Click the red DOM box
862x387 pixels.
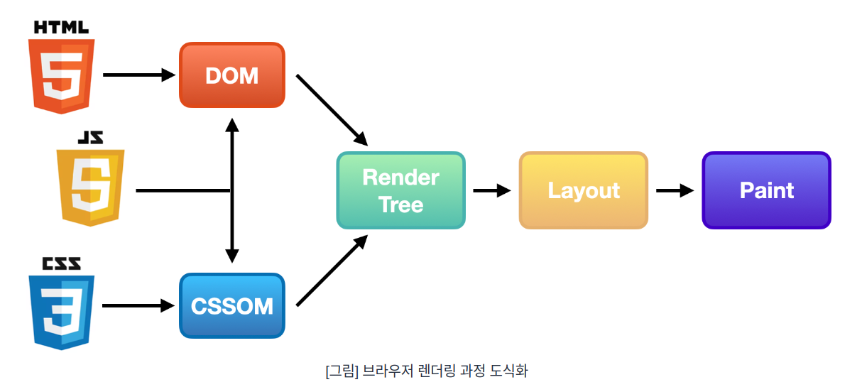232,75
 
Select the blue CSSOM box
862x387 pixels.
232,305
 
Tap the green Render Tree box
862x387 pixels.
400,190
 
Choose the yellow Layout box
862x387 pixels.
584,190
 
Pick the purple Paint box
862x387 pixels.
766,190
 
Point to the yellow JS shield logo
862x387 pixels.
91,187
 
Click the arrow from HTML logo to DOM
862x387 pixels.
138,75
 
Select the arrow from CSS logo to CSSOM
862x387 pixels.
138,306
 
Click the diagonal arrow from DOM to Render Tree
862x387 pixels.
332,109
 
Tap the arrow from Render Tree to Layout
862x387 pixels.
492,190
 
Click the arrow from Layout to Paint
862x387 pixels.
675,190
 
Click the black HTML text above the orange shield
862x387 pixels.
62,28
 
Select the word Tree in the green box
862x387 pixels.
400,205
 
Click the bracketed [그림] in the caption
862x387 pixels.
342,370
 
